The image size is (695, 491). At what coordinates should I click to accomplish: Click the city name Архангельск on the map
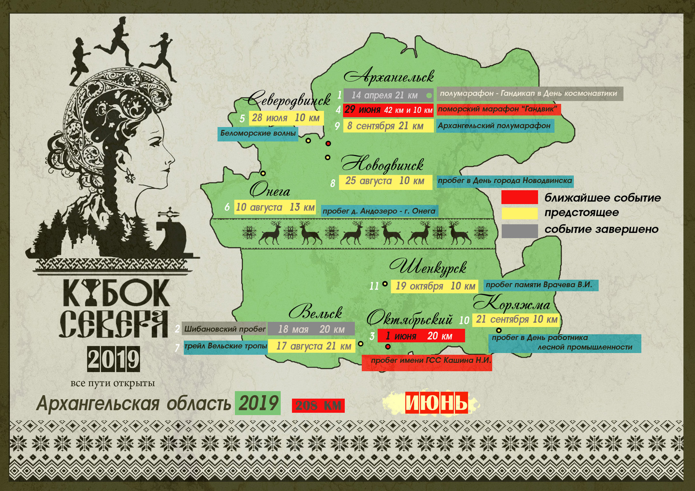coord(389,77)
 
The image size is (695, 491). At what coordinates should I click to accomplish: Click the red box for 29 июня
coord(388,110)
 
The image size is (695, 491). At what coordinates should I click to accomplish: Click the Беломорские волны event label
coord(258,133)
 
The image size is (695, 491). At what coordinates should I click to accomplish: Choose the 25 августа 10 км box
coord(385,181)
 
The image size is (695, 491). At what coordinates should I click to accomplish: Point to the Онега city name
coord(270,190)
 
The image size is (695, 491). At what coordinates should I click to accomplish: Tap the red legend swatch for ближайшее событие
coord(520,197)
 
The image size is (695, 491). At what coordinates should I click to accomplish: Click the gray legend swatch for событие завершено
coord(520,231)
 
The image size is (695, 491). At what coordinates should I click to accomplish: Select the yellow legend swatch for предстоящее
coord(520,214)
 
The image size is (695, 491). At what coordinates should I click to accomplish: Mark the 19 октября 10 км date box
coord(434,286)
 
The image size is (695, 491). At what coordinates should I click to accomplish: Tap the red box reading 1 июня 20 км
coord(421,336)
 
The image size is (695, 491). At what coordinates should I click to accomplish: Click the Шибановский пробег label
coord(225,329)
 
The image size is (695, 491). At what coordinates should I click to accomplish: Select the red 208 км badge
coord(318,405)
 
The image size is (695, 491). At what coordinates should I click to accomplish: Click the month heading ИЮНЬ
coord(436,403)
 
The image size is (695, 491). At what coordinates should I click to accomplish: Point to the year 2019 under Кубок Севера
coord(113,359)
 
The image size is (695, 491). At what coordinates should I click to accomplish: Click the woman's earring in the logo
coord(130,176)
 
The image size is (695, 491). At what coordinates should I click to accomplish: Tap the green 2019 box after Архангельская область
coord(258,403)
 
